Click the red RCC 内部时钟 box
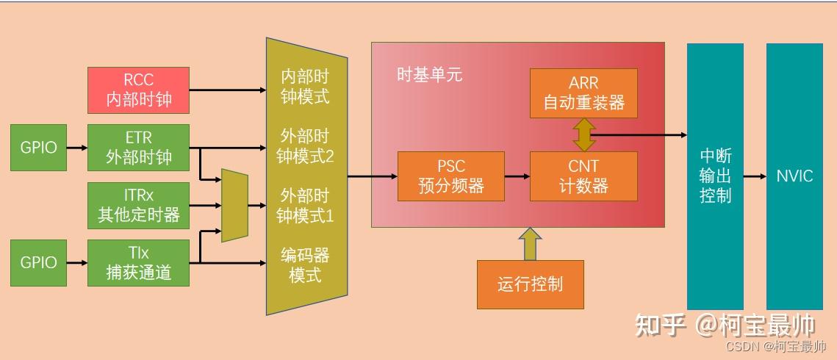[138, 90]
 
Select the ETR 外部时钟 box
[138, 147]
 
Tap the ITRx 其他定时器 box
[138, 206]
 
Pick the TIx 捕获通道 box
[138, 262]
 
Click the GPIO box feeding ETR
[38, 147]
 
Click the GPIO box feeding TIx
[38, 262]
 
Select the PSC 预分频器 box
[450, 176]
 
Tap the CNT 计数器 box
[583, 176]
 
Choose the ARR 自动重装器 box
[583, 93]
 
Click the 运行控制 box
[530, 284]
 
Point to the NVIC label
[794, 176]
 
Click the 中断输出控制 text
[715, 176]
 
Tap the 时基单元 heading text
[429, 75]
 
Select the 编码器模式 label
[304, 264]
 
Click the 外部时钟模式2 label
[304, 146]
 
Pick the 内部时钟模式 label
[304, 87]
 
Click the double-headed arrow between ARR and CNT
[584, 135]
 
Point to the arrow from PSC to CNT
[517, 176]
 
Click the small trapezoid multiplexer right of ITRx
[234, 206]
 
